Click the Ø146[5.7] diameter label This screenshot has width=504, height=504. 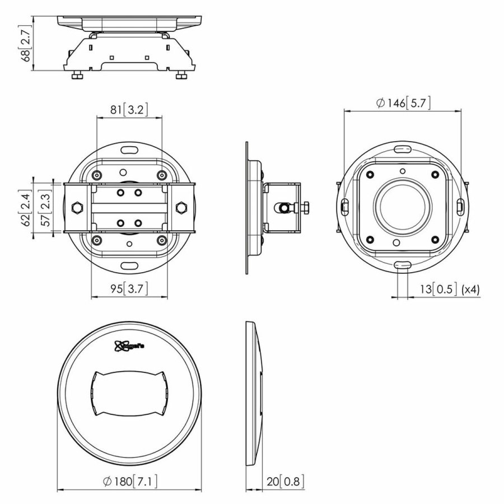coord(403,103)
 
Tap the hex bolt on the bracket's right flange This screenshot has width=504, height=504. coord(181,208)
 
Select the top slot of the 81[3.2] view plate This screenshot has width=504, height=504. coord(129,150)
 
